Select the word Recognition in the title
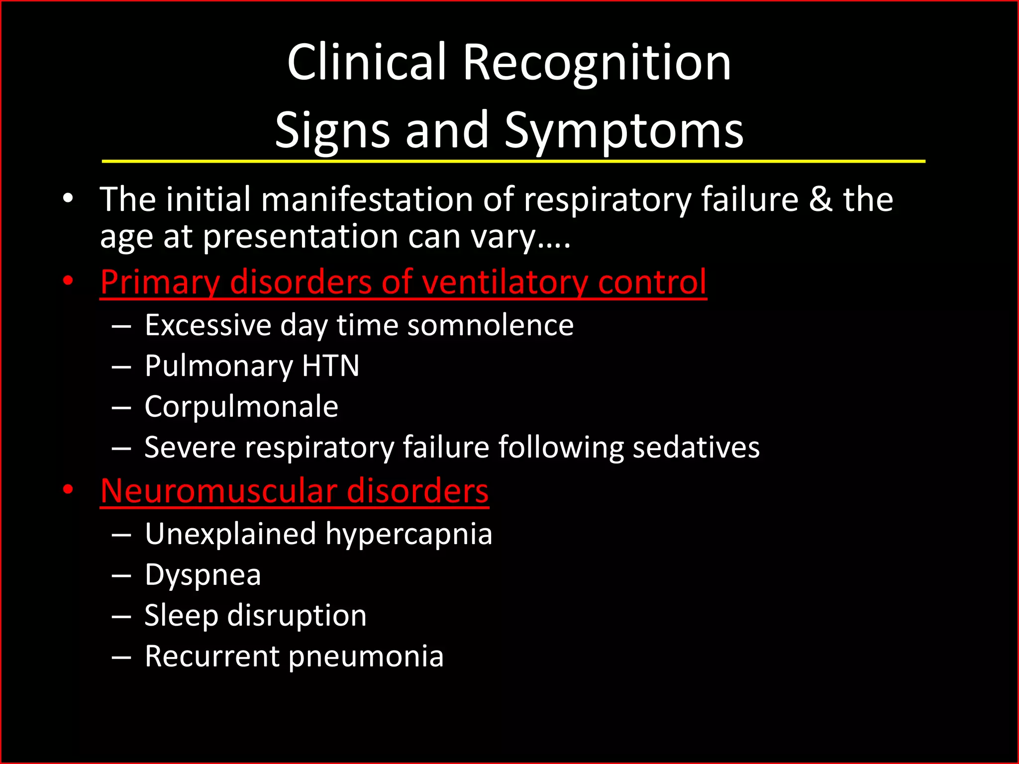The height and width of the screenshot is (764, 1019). pyautogui.click(x=597, y=64)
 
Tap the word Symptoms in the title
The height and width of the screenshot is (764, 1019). pyautogui.click(x=624, y=130)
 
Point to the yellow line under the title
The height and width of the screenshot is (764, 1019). pyautogui.click(x=512, y=161)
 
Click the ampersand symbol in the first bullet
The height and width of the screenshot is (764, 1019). pyautogui.click(x=820, y=199)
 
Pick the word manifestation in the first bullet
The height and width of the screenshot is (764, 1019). pyautogui.click(x=368, y=199)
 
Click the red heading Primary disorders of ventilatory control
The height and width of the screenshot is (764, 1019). pyautogui.click(x=403, y=282)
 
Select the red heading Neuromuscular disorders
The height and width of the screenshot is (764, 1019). pyautogui.click(x=294, y=491)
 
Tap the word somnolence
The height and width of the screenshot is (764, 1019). pyautogui.click(x=490, y=325)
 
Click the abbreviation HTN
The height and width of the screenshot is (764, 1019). pyautogui.click(x=330, y=366)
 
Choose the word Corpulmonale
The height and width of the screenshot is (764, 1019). pyautogui.click(x=241, y=406)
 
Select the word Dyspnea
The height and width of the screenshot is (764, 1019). pyautogui.click(x=203, y=575)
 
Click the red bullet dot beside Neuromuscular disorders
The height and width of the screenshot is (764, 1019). pyautogui.click(x=68, y=489)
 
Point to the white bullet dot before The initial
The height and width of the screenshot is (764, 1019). pyautogui.click(x=68, y=198)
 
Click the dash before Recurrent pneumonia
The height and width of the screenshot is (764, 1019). pyautogui.click(x=121, y=657)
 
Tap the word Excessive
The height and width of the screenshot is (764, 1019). pyautogui.click(x=207, y=325)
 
